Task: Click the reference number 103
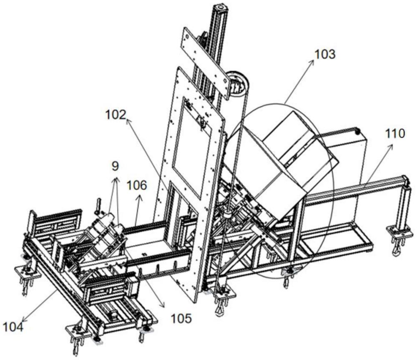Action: click(x=325, y=55)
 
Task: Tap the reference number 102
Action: click(x=116, y=115)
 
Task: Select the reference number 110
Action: click(x=394, y=133)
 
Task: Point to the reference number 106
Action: click(x=136, y=185)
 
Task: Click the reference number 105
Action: click(x=181, y=318)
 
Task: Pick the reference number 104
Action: click(x=13, y=327)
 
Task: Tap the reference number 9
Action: click(x=115, y=166)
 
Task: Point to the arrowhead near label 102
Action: click(x=128, y=121)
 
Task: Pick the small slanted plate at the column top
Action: click(x=206, y=63)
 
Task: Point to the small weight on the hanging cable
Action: click(x=227, y=214)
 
